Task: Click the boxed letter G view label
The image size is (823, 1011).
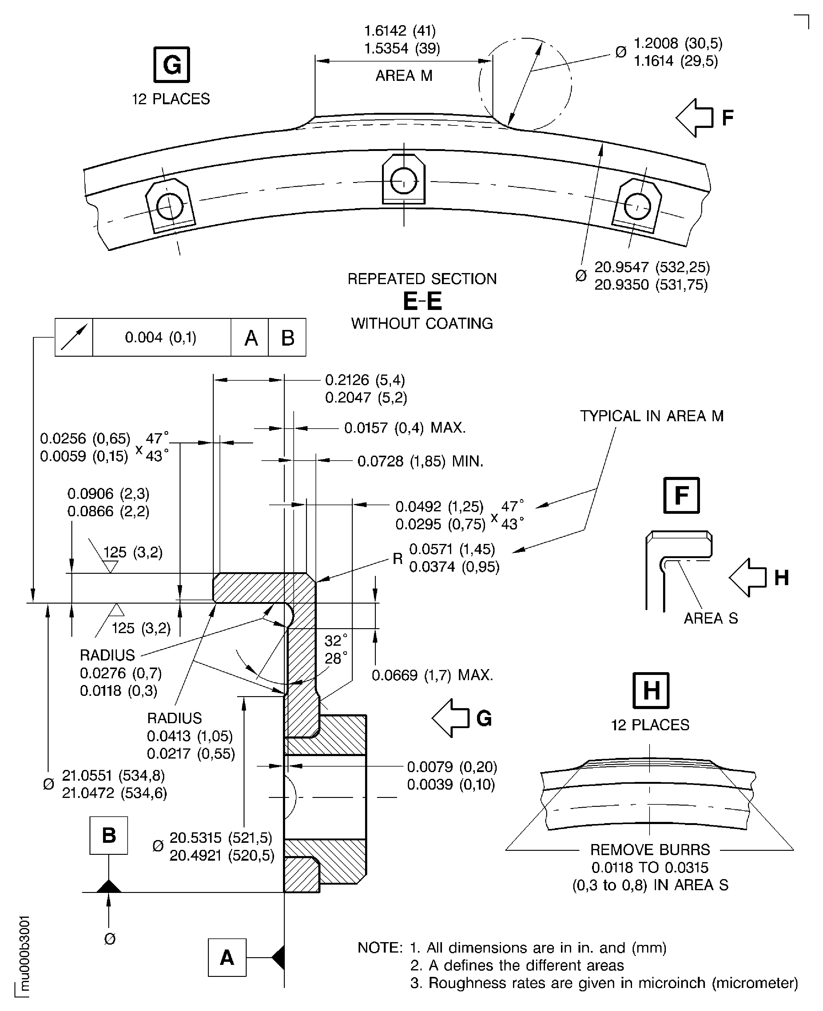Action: pyautogui.click(x=172, y=65)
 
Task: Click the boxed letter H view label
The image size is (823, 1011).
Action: pyautogui.click(x=651, y=690)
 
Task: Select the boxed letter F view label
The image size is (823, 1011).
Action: pyautogui.click(x=681, y=495)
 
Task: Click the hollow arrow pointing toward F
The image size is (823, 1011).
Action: pyautogui.click(x=694, y=117)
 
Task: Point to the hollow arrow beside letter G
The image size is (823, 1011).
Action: pyautogui.click(x=450, y=718)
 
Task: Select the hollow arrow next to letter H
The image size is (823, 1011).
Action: pyautogui.click(x=748, y=577)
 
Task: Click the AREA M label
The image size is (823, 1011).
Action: pyautogui.click(x=404, y=76)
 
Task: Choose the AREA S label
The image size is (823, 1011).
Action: pyautogui.click(x=711, y=618)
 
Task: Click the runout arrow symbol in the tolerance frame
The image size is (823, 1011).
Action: pyautogui.click(x=74, y=337)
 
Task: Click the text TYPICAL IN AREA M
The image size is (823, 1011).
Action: pyautogui.click(x=652, y=416)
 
